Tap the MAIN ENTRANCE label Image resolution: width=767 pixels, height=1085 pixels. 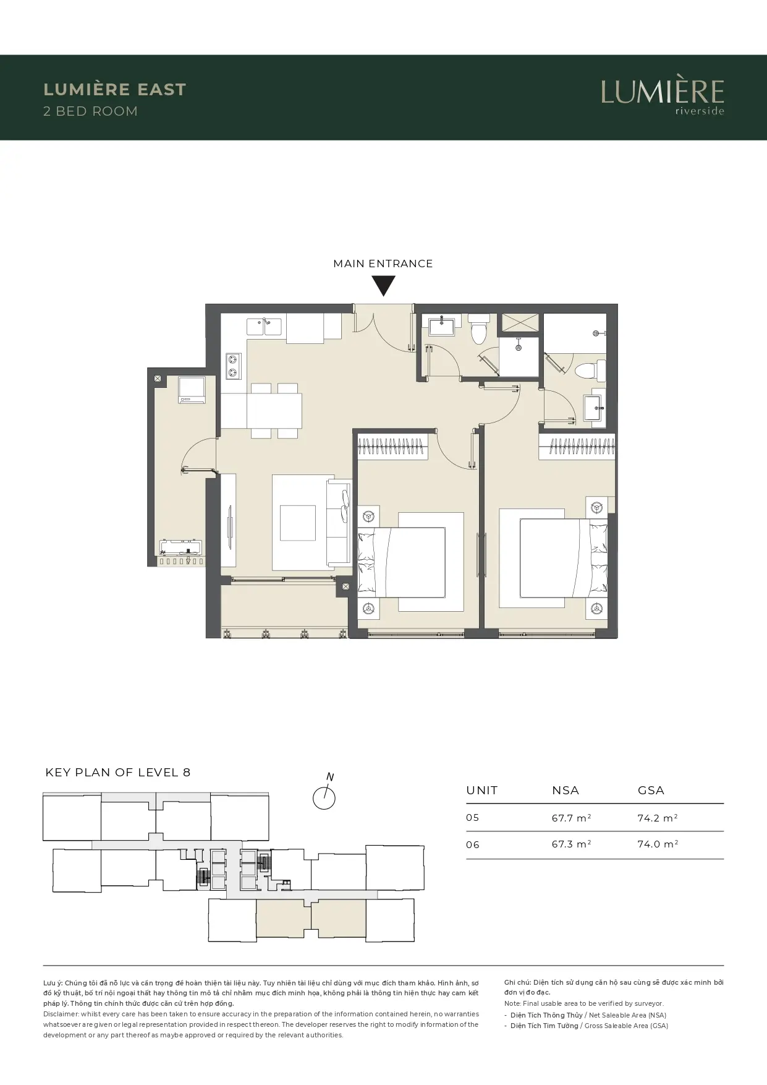383,264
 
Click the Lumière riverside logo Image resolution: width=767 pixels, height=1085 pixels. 662,96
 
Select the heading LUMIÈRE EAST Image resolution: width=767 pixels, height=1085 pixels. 115,90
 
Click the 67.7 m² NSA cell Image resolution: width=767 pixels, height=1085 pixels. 572,818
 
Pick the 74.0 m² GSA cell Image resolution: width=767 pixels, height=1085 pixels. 658,844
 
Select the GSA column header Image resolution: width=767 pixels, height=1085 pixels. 651,791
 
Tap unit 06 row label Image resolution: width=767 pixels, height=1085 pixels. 473,845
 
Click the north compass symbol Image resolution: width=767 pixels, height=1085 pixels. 324,795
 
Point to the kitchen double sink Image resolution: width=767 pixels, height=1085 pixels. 265,327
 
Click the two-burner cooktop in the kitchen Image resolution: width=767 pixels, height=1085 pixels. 234,365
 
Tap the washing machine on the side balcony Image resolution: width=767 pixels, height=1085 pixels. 191,390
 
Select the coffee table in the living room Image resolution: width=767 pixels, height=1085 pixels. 298,523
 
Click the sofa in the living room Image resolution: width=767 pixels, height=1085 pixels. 338,521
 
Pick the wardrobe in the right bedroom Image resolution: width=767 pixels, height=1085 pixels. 577,447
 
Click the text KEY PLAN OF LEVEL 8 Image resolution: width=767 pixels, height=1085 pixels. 118,773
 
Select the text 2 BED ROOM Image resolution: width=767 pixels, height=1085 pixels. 91,111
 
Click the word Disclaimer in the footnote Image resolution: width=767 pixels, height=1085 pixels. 61,1014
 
